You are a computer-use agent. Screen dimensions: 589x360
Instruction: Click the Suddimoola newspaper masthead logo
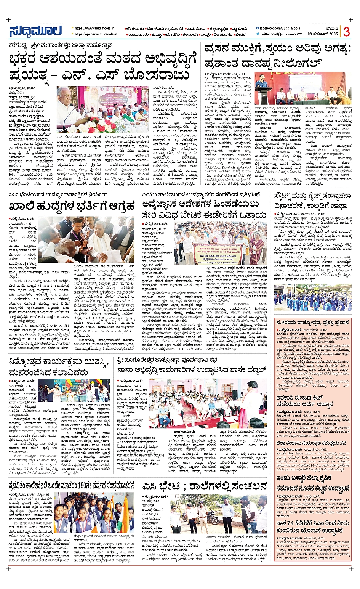35,31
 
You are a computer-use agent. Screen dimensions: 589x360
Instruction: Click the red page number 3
346,32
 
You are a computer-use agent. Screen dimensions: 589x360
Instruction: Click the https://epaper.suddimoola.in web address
96,34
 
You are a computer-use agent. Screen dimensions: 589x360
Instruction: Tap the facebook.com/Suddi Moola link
279,28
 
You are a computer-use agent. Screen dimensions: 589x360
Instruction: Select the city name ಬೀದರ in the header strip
241,34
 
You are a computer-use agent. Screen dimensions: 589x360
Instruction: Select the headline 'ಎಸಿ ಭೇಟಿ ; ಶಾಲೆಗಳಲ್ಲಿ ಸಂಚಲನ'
205,486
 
